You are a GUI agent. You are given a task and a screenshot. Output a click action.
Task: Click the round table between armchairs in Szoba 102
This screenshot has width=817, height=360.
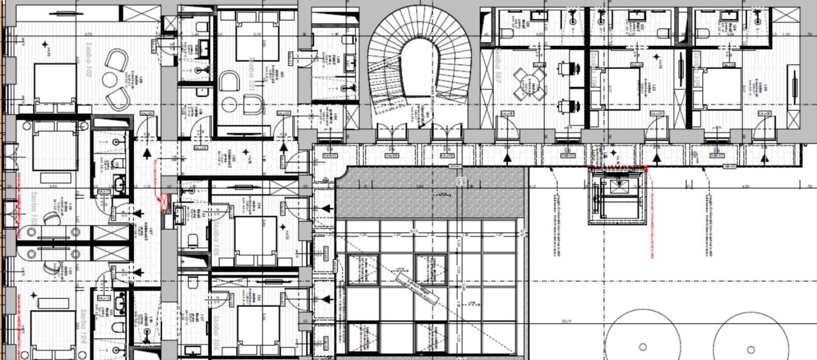point(111,80)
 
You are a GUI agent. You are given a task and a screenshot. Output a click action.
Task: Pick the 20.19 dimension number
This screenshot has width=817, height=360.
point(564,320)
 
